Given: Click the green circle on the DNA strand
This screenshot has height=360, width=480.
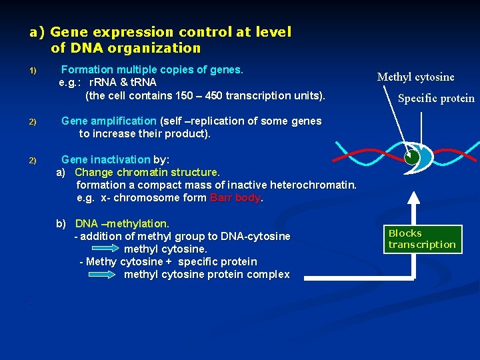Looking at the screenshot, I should click(x=412, y=157).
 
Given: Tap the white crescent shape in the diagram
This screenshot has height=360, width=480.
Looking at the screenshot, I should click(x=424, y=158).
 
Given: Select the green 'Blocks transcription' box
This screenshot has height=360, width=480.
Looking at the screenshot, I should click(x=421, y=239).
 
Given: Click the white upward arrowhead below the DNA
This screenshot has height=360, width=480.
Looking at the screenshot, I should click(x=415, y=198).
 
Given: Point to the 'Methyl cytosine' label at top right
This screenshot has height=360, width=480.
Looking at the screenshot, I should click(x=415, y=77).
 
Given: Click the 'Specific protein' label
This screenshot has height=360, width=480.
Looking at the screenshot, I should click(x=436, y=99).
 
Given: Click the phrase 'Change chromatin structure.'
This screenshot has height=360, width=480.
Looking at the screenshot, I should click(x=147, y=173).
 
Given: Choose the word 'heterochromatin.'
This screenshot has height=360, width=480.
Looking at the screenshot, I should click(x=315, y=185).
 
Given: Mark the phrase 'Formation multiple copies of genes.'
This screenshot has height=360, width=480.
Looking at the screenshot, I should click(x=152, y=69).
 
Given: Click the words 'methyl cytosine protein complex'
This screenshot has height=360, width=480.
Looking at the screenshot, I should click(x=207, y=275).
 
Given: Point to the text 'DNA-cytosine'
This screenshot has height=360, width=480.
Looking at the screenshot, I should click(x=257, y=236).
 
